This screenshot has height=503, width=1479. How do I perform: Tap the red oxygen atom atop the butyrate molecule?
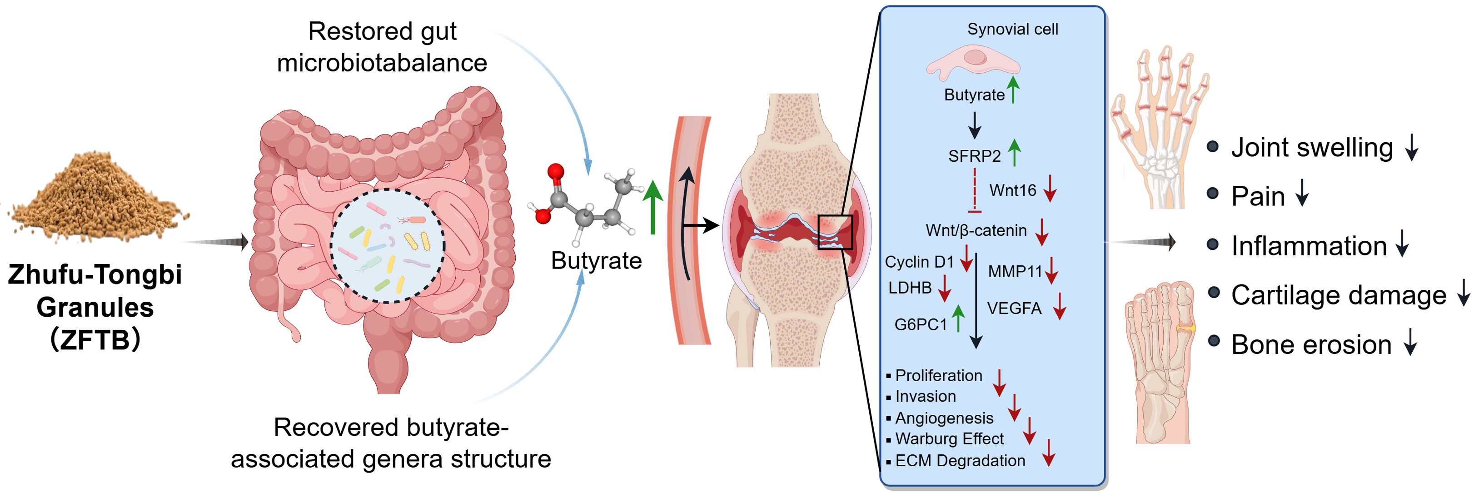pos(555,172)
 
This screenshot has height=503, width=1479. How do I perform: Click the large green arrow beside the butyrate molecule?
pos(652,207)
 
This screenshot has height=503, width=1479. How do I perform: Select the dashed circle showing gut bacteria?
pos(388,246)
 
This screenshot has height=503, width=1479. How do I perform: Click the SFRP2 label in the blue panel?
pos(974,156)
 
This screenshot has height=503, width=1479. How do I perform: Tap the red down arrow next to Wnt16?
pos(1050,188)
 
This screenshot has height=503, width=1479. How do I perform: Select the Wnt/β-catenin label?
pos(976,230)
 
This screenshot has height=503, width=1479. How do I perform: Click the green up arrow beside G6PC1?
pos(958,319)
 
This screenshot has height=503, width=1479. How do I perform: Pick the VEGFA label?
pos(1014,309)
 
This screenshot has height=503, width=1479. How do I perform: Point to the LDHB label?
pos(910,288)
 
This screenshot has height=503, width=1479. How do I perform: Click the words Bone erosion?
pos(1311,345)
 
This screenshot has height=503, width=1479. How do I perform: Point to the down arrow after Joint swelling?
pos(1412,148)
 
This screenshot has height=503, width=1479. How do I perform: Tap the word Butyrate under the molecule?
pos(596,261)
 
